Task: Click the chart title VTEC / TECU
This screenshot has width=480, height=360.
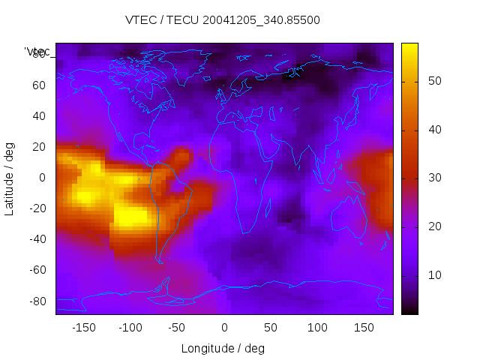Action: pos(223,20)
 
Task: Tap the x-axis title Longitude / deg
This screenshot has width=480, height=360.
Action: pos(223,348)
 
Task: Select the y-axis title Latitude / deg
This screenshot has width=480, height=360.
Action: pos(10,178)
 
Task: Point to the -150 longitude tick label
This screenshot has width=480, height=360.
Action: pos(83,327)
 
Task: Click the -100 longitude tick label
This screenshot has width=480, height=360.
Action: pos(130,327)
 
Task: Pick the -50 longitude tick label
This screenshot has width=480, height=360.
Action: pos(178,327)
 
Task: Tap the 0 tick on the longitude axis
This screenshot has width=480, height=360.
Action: pos(224,327)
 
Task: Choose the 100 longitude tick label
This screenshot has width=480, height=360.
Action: pos(318,327)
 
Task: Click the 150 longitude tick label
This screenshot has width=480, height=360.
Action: pos(364,327)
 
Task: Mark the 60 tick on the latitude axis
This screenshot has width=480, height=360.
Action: pos(38,85)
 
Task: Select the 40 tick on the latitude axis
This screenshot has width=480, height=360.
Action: pos(38,116)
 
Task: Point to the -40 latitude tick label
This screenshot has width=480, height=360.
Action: pos(36,239)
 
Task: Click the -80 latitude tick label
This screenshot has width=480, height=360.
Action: pos(36,301)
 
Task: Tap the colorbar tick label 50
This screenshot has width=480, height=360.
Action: pos(433,81)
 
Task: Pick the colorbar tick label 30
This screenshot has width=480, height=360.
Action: pos(433,178)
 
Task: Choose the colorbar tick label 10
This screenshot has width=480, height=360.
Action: pos(433,275)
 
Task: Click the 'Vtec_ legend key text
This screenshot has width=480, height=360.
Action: pos(37,52)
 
